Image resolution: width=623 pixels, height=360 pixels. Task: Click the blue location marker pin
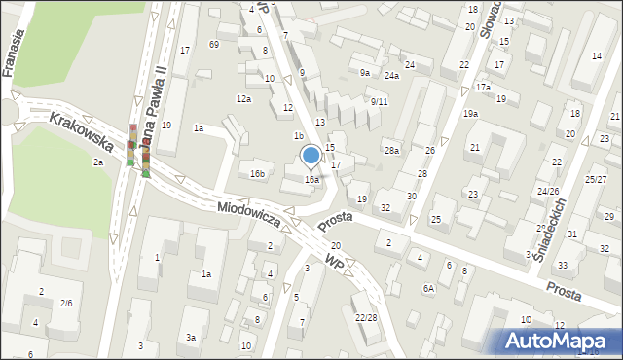[311, 155]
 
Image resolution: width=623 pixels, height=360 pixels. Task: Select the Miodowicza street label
[249, 214]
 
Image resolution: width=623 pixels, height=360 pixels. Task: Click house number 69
[213, 45]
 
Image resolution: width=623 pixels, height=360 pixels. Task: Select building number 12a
[243, 98]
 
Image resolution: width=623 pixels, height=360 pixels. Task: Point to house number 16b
[257, 174]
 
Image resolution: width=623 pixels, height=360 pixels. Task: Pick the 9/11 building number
[379, 101]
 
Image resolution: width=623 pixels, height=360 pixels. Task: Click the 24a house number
[391, 75]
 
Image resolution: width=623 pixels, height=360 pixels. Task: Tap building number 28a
[391, 150]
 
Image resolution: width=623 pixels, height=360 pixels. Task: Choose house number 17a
[484, 88]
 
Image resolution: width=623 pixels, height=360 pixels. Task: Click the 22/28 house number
[366, 317]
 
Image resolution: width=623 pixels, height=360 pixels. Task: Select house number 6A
[428, 288]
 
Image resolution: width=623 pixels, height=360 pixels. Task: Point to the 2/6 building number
[66, 304]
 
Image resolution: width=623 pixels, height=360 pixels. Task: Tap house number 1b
[300, 136]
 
